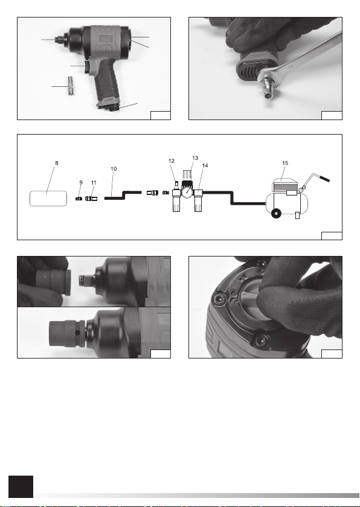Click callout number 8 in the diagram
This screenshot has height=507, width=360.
click(x=57, y=164)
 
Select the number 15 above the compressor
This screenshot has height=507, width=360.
click(x=285, y=164)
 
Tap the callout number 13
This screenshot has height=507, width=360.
click(x=195, y=158)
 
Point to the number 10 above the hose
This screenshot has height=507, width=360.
click(x=114, y=169)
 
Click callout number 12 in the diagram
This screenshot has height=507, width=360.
click(x=172, y=161)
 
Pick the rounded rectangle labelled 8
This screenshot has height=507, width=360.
click(x=48, y=199)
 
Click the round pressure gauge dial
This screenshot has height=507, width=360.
click(x=187, y=193)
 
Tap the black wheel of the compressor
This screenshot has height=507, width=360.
click(x=276, y=214)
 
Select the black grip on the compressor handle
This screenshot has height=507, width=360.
click(x=325, y=179)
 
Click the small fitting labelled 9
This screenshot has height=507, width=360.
click(x=79, y=198)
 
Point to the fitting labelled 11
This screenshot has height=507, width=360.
click(x=91, y=198)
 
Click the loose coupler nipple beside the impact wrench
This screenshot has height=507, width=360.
click(x=71, y=86)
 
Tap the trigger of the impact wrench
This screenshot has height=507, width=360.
click(x=87, y=66)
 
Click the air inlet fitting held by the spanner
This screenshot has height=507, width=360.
click(x=267, y=88)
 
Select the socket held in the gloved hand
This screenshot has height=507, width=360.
click(x=53, y=283)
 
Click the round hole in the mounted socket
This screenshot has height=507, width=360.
click(x=78, y=333)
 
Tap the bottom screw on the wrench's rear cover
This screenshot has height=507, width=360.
click(x=261, y=340)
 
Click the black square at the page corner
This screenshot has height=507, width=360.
click(x=21, y=486)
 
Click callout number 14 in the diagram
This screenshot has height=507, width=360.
click(x=205, y=165)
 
